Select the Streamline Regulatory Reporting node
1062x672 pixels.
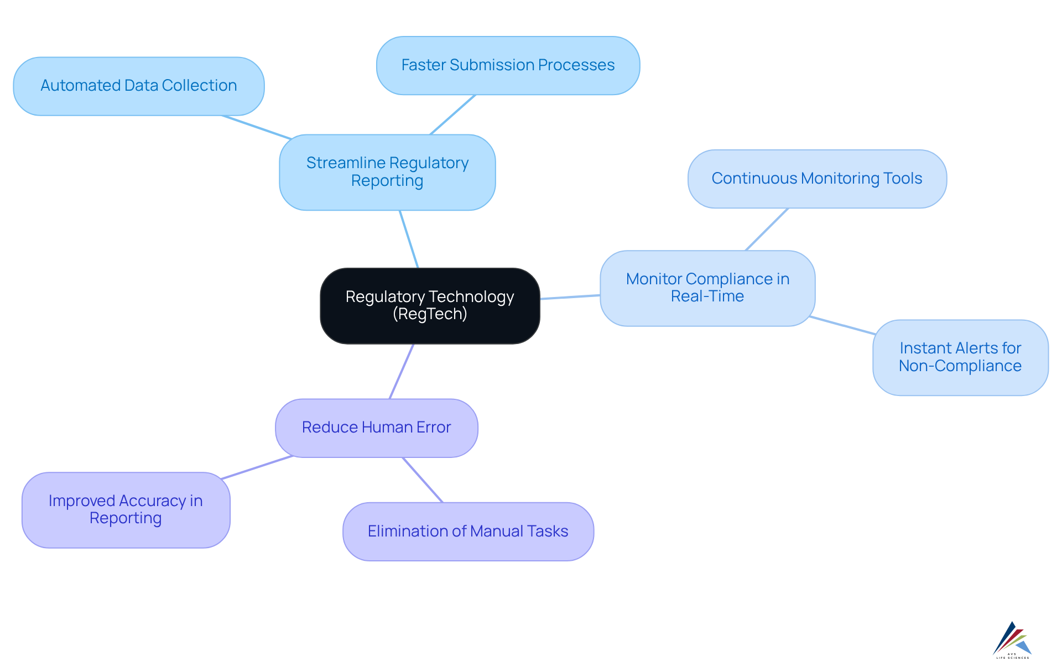coord(387,172)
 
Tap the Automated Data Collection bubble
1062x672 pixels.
coord(138,86)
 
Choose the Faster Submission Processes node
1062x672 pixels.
coord(508,65)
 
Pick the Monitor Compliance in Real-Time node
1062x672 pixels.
coord(707,288)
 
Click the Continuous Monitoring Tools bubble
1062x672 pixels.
coord(817,179)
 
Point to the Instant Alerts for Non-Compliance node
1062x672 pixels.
coord(960,357)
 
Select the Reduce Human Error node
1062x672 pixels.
coord(376,428)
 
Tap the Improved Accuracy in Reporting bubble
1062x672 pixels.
coord(126,509)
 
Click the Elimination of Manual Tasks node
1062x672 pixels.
coord(468,532)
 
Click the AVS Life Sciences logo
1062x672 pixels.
coord(1012,640)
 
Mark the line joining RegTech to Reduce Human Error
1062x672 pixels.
coord(402,371)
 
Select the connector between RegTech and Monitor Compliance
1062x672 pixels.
coord(570,297)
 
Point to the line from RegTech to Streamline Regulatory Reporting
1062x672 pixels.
coord(409,239)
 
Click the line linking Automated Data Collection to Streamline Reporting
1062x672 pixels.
coord(257,127)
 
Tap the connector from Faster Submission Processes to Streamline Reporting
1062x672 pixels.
coord(453,114)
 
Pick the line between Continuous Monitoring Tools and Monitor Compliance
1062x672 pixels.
coord(767,230)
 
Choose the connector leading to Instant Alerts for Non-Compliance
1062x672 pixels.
coord(842,326)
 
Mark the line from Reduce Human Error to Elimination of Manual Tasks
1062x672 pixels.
coord(423,480)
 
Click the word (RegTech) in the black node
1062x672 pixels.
coord(430,314)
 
